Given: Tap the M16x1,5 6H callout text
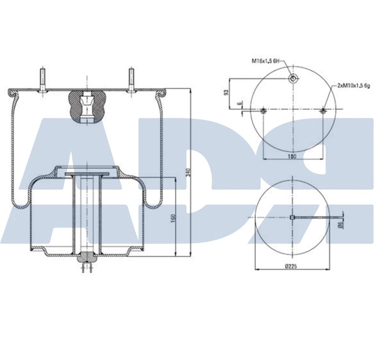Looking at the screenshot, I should (x=265, y=60).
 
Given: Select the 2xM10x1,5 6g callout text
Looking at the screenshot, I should (x=353, y=85).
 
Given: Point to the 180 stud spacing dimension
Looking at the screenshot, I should (x=292, y=156).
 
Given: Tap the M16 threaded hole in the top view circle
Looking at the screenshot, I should (x=293, y=79).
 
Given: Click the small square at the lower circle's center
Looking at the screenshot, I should (x=293, y=217).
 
